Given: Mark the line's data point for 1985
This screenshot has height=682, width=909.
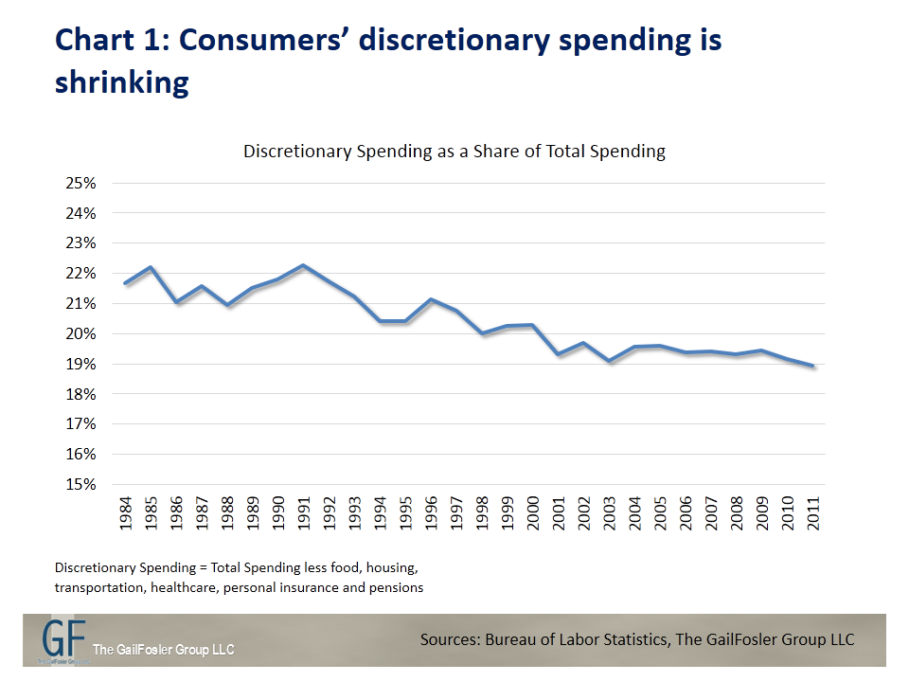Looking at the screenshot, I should coord(151,267).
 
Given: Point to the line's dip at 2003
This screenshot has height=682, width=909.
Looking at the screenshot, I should coord(611,361).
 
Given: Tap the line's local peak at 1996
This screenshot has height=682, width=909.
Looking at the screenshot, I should coord(432,299).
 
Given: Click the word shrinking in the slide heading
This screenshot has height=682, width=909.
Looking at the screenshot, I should coord(121,81).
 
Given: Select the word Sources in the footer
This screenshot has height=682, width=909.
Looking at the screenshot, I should coord(452,640).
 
